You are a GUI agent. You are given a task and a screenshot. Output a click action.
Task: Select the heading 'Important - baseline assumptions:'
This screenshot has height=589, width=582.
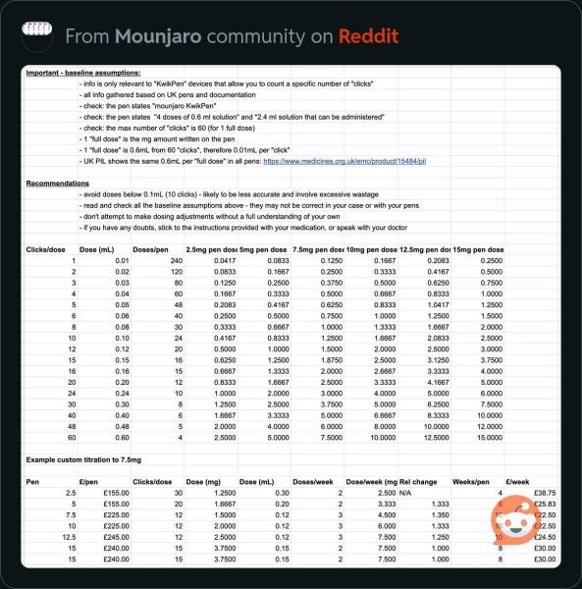(83, 74)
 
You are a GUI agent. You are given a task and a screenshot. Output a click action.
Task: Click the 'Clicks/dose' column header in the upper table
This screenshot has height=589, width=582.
(47, 249)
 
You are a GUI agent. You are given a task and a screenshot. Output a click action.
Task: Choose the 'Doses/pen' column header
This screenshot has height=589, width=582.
(150, 249)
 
